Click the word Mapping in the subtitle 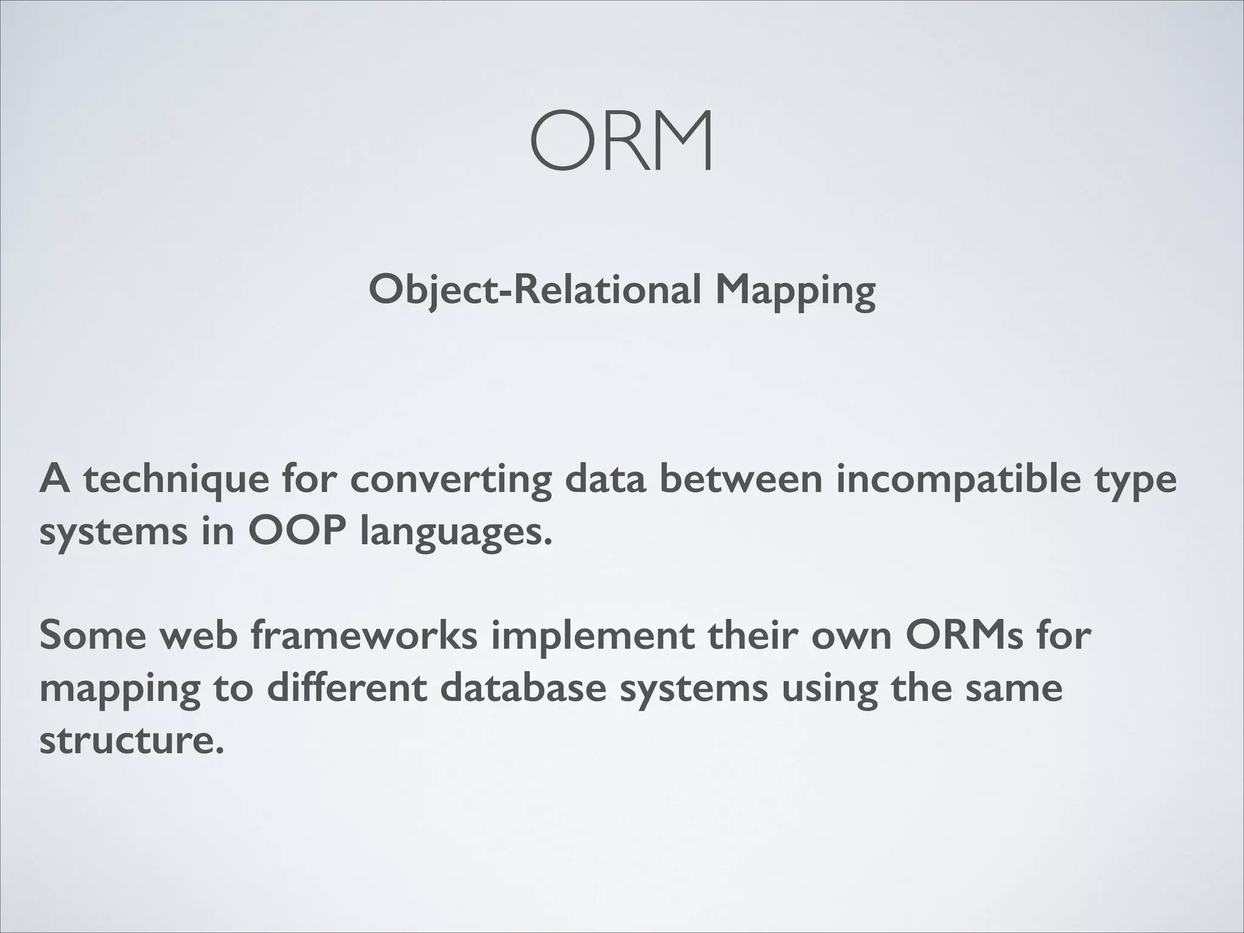coord(795,290)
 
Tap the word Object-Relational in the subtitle coord(535,290)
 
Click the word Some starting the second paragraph coord(93,635)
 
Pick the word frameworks coord(364,635)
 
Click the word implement coord(593,637)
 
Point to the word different coord(346,688)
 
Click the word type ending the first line coord(1135,481)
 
